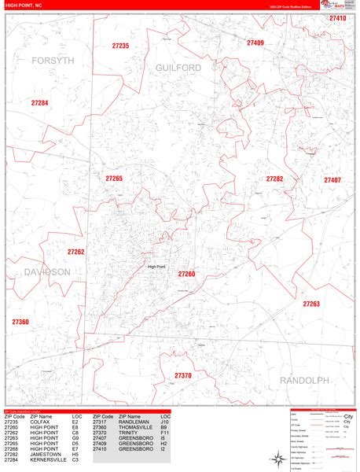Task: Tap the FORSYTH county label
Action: click(52, 60)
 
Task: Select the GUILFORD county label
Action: click(178, 68)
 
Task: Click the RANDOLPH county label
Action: click(304, 380)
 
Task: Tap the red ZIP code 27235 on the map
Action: click(120, 46)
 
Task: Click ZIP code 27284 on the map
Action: click(39, 103)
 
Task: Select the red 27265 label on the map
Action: click(114, 179)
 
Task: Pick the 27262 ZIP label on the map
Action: click(75, 252)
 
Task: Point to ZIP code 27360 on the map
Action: click(20, 322)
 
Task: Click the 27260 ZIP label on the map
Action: click(186, 274)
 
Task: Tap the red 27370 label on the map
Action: click(182, 376)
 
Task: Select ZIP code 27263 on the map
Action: click(311, 303)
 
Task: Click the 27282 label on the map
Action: click(274, 179)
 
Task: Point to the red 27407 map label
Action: click(332, 180)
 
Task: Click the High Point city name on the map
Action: click(156, 267)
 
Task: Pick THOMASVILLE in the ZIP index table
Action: click(127, 428)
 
